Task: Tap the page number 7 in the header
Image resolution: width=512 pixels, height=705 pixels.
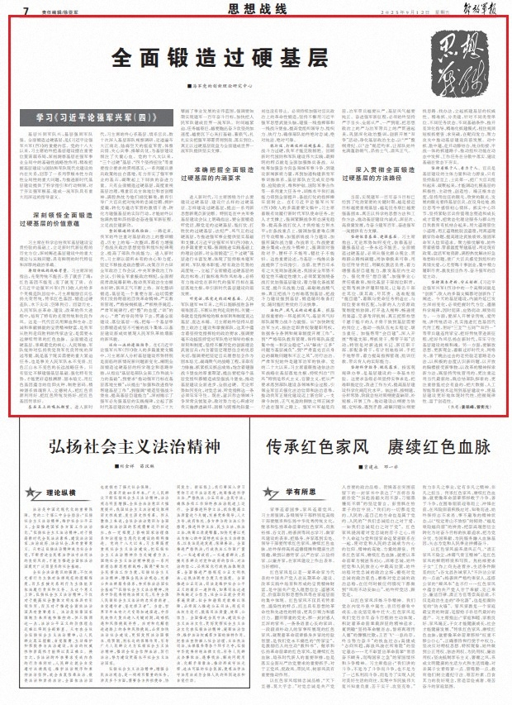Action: tap(26, 10)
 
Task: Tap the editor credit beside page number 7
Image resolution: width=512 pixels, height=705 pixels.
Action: tap(60, 11)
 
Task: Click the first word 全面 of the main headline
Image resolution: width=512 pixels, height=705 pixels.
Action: tap(129, 57)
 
